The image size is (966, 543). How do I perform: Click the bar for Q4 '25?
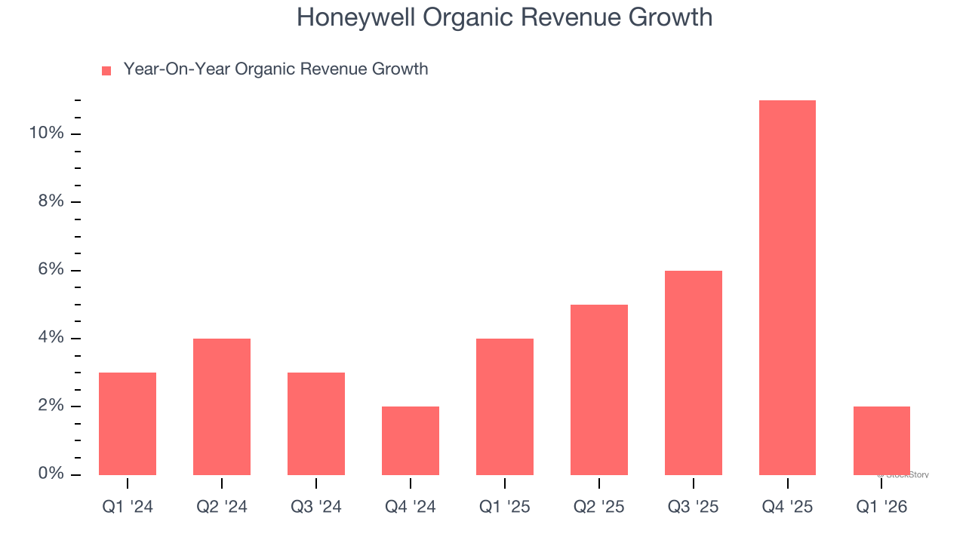click(x=787, y=287)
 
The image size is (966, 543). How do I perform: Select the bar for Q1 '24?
click(x=128, y=424)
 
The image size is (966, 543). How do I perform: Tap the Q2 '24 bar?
click(x=222, y=406)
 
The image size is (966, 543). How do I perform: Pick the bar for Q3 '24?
click(x=316, y=424)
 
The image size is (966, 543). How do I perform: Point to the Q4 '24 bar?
click(x=411, y=440)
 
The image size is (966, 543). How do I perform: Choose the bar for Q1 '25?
click(x=505, y=406)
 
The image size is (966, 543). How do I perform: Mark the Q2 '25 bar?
click(x=599, y=390)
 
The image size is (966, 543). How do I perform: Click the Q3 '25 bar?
click(x=694, y=373)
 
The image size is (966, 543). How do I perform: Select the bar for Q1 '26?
click(x=881, y=440)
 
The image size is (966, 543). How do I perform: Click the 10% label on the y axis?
click(x=46, y=133)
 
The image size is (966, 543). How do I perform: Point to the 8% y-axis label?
click(x=50, y=201)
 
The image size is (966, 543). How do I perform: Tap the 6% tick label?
click(x=50, y=270)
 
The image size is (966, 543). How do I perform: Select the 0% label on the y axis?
click(x=50, y=474)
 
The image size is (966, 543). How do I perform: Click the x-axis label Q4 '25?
click(x=787, y=507)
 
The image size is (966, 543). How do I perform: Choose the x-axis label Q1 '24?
click(x=128, y=507)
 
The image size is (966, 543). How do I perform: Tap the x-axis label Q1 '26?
click(x=881, y=507)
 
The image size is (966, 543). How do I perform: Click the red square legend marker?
click(x=106, y=70)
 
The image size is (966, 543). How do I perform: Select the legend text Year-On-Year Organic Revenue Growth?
click(x=275, y=69)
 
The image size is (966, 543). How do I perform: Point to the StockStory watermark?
click(x=903, y=475)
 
